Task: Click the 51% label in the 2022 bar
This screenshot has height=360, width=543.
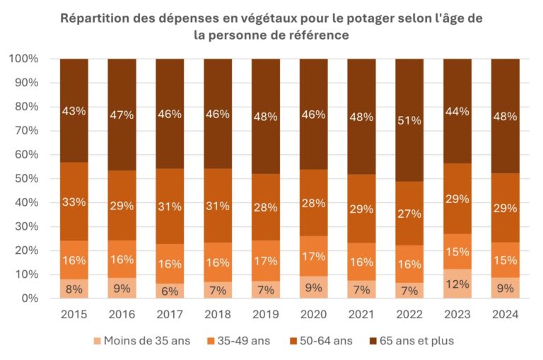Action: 409,120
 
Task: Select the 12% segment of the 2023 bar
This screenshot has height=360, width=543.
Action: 457,284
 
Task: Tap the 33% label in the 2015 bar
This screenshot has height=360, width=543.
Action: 74,202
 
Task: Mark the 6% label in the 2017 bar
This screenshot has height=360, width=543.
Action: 170,289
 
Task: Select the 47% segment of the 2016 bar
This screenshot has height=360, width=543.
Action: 122,115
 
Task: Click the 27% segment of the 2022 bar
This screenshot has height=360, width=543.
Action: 409,214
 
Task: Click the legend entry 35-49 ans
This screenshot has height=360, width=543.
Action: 237,341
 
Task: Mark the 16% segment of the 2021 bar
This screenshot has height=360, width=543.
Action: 361,262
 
